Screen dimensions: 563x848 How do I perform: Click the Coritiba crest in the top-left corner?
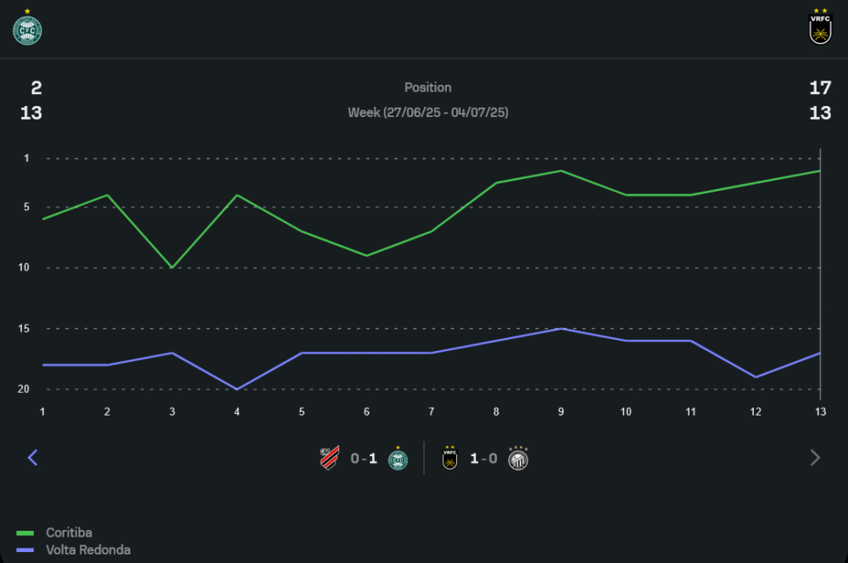point(27,30)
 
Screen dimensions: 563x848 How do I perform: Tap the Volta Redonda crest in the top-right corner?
point(820,29)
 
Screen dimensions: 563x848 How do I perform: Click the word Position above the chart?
point(427,87)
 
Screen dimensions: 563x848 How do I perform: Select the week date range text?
point(427,113)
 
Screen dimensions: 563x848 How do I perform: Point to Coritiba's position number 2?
point(36,87)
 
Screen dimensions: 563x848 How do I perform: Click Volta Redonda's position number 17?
point(820,87)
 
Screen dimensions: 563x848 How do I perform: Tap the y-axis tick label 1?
point(26,159)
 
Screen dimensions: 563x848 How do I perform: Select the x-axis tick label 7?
point(431,411)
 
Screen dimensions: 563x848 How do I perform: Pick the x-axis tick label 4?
point(237,411)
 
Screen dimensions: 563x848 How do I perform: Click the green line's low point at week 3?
point(172,267)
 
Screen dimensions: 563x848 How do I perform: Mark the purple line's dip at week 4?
point(237,388)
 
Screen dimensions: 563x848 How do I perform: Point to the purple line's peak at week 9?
point(561,328)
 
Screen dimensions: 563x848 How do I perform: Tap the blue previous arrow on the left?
point(33,458)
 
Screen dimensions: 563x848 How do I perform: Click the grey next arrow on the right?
point(815,458)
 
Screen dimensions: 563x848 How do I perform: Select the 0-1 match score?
point(364,459)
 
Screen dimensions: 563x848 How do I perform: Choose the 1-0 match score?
point(483,459)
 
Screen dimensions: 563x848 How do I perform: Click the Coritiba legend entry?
point(69,532)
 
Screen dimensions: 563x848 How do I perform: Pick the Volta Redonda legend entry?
point(87,549)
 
